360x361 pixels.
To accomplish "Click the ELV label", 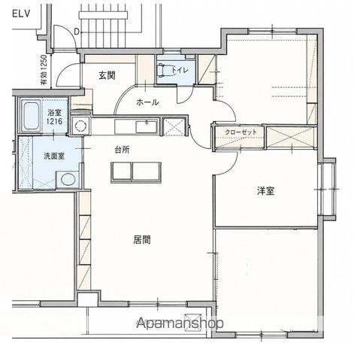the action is [21, 14].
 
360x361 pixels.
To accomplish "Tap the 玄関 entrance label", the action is [107, 75].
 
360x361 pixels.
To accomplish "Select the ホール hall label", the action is [147, 102].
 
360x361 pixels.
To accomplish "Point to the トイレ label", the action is [180, 70].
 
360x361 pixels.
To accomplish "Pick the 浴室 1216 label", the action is [54, 117].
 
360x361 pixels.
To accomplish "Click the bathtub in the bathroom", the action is [30, 115].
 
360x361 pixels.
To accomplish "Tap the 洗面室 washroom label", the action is [54, 156].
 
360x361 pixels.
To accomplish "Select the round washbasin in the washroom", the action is [68, 180].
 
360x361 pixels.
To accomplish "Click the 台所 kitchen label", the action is [122, 150].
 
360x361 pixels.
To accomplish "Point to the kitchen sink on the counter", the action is [147, 126].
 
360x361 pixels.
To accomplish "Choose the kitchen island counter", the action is [136, 172].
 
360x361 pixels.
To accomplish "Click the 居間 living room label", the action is [142, 240].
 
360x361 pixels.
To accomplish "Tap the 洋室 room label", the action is [265, 191].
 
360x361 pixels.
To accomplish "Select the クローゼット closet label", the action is [241, 132].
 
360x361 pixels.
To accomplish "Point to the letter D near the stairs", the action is [77, 32].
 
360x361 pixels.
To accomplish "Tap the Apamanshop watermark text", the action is [180, 323].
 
